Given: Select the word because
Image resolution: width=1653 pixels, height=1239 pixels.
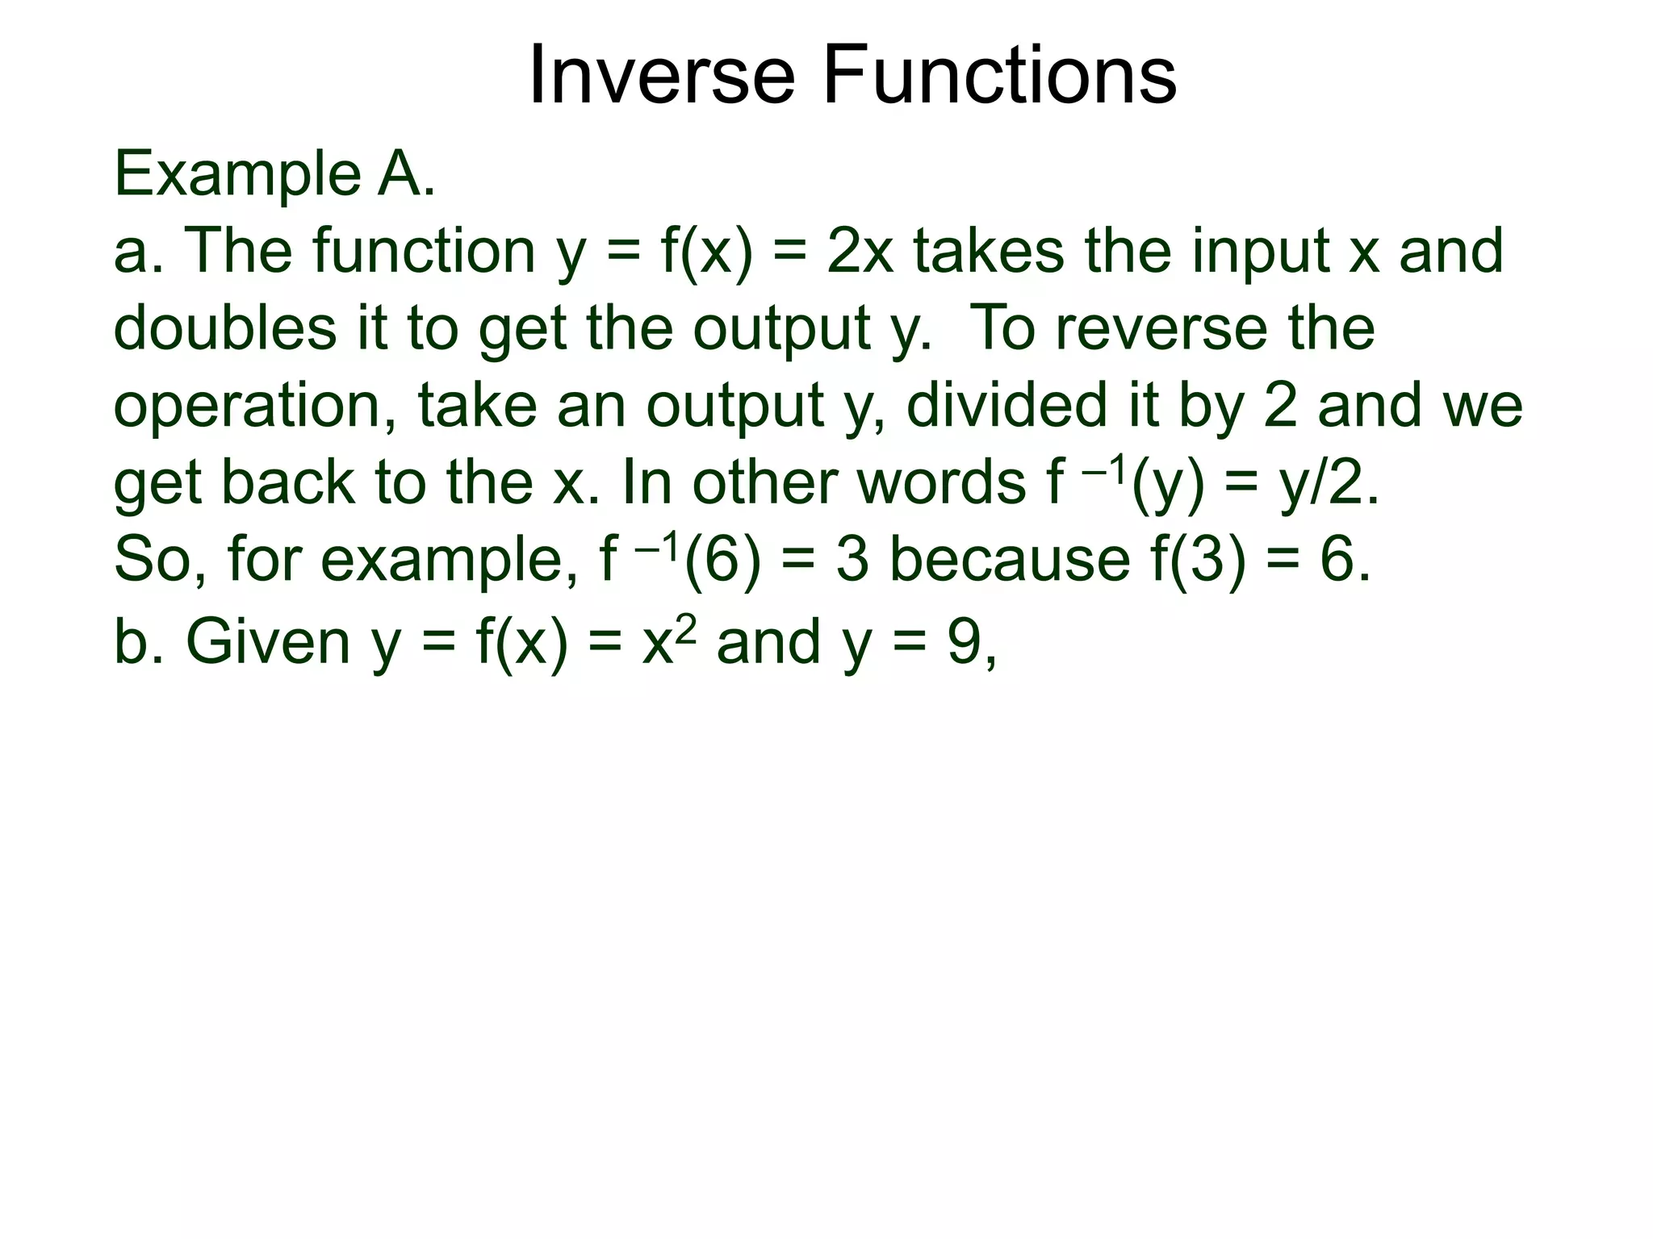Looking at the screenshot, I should pos(1009,560).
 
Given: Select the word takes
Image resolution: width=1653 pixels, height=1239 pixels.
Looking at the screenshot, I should pos(989,251).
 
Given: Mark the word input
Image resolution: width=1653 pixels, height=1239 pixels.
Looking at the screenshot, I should pos(1260,251).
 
